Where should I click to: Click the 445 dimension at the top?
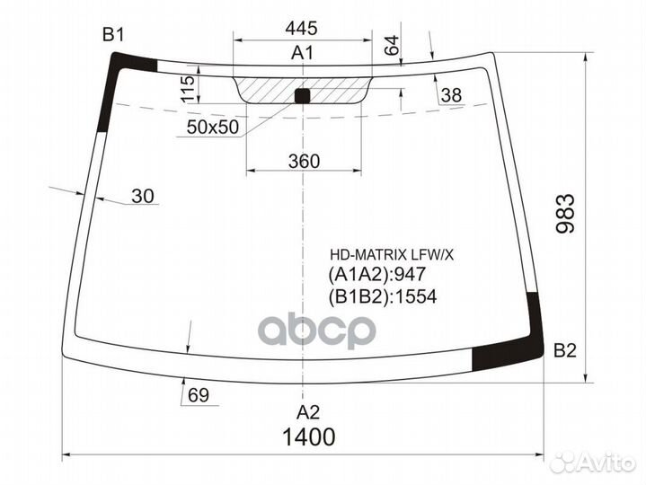(x=302, y=28)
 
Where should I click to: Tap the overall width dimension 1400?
(x=308, y=436)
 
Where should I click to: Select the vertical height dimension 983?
(x=565, y=213)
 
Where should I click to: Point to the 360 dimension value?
(x=304, y=161)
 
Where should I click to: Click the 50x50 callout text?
(x=213, y=128)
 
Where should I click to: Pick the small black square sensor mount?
(x=302, y=95)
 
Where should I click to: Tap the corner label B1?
(x=113, y=35)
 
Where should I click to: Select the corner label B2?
(x=565, y=351)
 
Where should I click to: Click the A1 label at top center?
(x=303, y=53)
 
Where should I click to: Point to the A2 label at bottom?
(x=308, y=411)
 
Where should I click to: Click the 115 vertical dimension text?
(x=188, y=89)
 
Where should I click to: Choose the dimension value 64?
(x=393, y=45)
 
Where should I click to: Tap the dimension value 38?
(x=451, y=95)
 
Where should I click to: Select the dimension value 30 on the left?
(x=143, y=196)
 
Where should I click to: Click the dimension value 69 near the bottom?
(x=199, y=396)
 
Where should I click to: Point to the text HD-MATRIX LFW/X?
(x=392, y=255)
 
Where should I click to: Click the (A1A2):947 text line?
(x=377, y=274)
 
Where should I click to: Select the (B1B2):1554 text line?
(x=383, y=296)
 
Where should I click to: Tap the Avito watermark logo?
(x=592, y=463)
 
